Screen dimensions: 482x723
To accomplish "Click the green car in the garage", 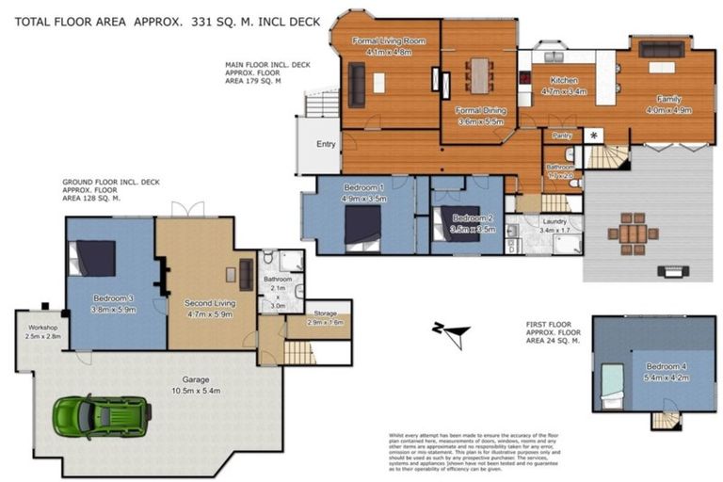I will pyautogui.click(x=102, y=414).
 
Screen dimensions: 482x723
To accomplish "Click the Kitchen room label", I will pyautogui.click(x=564, y=81).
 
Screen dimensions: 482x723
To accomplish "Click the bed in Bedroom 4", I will pyautogui.click(x=614, y=386).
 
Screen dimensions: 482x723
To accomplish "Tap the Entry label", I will pyautogui.click(x=326, y=144).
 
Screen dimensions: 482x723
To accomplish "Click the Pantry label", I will pyautogui.click(x=562, y=136).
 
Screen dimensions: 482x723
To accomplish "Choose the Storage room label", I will pyautogui.click(x=327, y=313).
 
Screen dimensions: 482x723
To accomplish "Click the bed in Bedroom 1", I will pyautogui.click(x=362, y=227).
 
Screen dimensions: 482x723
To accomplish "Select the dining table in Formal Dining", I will pyautogui.click(x=480, y=75).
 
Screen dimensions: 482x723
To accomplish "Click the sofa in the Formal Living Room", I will pyautogui.click(x=357, y=84).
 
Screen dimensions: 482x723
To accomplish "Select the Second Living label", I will pyautogui.click(x=209, y=303).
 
